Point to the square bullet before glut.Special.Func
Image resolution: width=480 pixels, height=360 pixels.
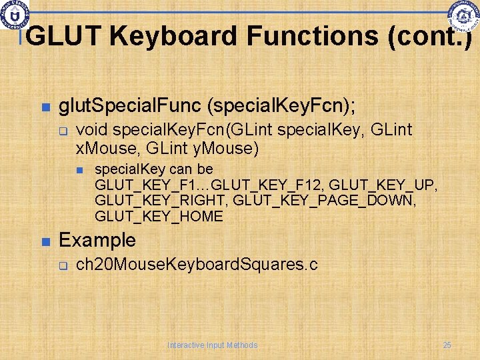tap(45, 107)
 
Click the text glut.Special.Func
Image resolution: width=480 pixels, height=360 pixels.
tap(129, 105)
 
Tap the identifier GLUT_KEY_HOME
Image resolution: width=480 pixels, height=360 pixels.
tap(159, 216)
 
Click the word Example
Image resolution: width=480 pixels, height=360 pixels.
tap(97, 240)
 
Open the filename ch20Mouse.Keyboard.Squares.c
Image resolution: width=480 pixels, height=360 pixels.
tap(197, 265)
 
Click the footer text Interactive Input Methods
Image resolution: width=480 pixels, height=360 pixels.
tap(212, 345)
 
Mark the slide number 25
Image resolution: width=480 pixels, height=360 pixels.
tap(447, 345)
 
